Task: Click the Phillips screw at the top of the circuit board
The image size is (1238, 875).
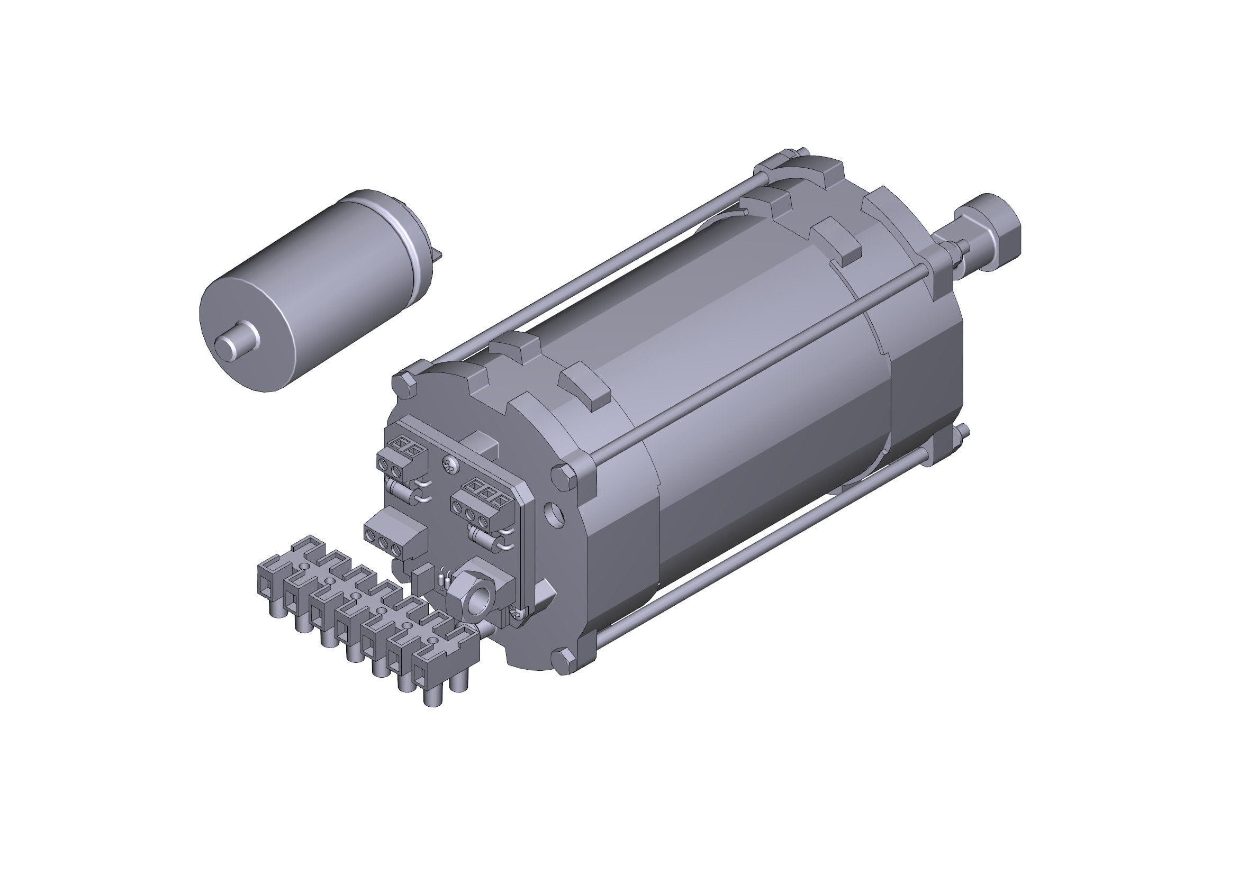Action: coord(450,464)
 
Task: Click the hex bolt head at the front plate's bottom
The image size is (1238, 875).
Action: coord(564,660)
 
